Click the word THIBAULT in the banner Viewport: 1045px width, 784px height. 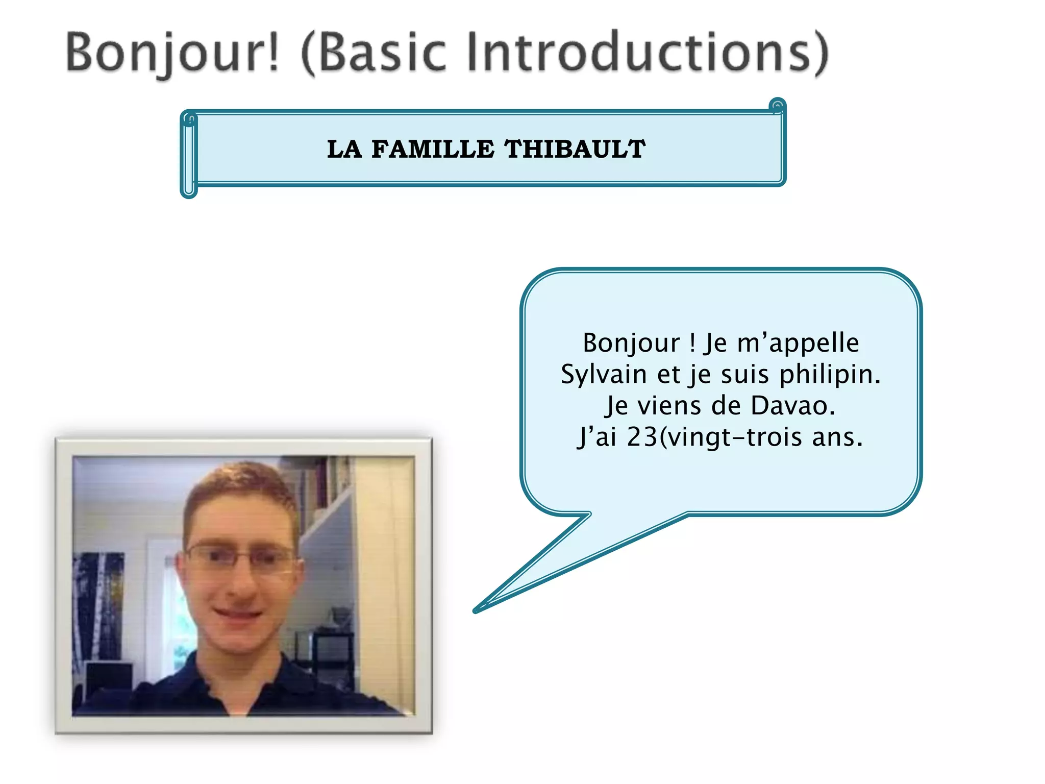(x=575, y=149)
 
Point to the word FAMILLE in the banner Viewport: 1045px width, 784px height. (x=433, y=149)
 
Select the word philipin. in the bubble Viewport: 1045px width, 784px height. (x=830, y=374)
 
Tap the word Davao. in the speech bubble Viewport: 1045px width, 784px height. (x=792, y=406)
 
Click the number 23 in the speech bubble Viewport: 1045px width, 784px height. (x=642, y=437)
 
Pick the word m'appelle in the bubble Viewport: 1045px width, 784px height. (x=798, y=343)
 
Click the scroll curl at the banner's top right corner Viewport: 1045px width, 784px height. (x=777, y=106)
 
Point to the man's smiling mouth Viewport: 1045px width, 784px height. (x=238, y=614)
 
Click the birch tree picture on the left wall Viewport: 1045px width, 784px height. (x=97, y=602)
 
